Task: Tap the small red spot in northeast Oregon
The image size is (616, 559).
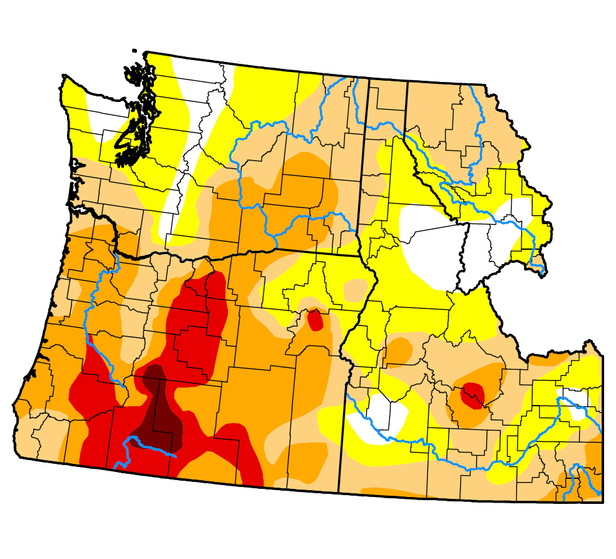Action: pyautogui.click(x=315, y=321)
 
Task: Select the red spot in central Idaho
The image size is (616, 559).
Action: pyautogui.click(x=473, y=395)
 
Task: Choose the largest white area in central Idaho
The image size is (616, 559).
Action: pyautogui.click(x=432, y=244)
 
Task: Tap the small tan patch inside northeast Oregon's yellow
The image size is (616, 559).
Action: pyautogui.click(x=356, y=289)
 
